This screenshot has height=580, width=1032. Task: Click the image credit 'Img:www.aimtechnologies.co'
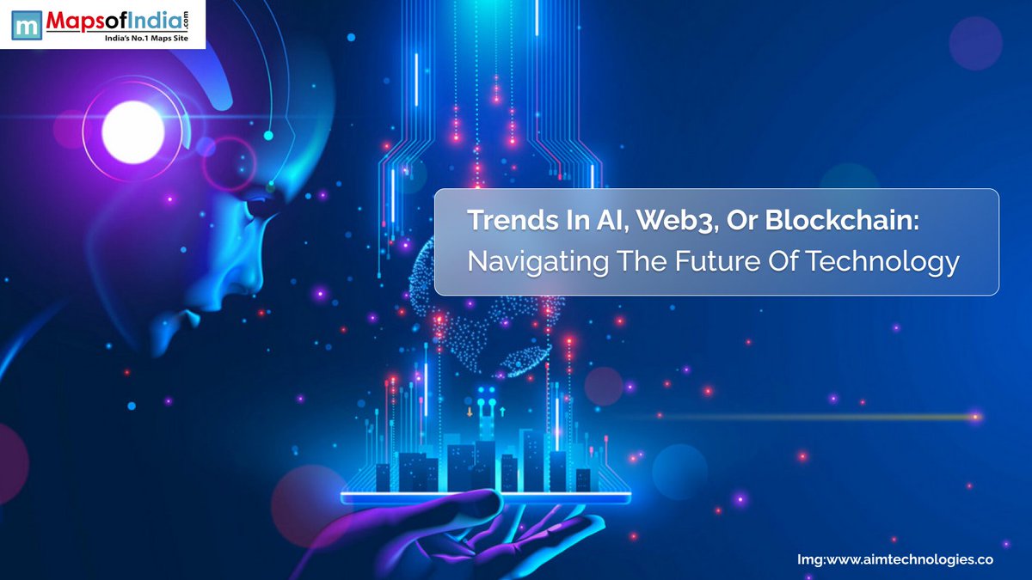[895, 559]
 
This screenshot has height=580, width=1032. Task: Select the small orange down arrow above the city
[470, 412]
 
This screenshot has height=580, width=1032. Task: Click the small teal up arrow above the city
[501, 412]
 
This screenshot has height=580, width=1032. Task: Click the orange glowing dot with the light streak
[975, 417]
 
